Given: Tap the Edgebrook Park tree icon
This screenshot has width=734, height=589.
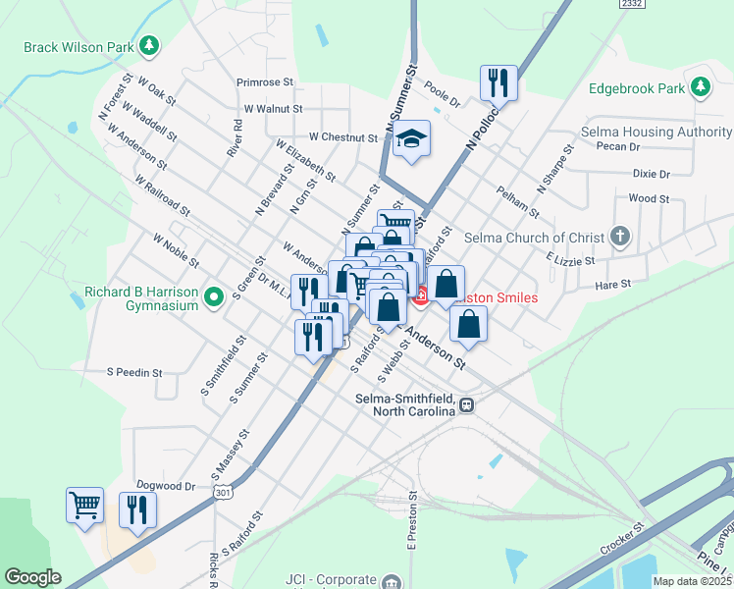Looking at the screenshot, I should coord(701,87).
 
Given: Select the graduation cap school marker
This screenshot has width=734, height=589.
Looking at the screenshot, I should coord(412,138).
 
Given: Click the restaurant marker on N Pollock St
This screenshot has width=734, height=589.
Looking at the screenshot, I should coord(498,83).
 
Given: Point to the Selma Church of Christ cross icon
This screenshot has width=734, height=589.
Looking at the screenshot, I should coord(619,237).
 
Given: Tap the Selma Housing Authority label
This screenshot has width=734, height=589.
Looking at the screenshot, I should coord(656,132).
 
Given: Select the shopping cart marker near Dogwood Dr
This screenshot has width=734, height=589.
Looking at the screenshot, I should coord(85,506).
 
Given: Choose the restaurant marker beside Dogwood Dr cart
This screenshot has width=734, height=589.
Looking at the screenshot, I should coord(137,509).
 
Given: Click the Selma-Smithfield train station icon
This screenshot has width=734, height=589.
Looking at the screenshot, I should coord(468,403).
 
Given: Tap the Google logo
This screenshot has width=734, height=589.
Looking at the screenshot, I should coord(32,577).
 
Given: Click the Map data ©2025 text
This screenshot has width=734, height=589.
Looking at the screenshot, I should coord(693,581).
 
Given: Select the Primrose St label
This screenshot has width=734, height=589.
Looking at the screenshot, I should coord(264,83).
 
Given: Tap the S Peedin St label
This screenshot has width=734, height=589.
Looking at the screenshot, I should coord(134,373).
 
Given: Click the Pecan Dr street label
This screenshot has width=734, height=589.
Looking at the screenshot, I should coord(617,146).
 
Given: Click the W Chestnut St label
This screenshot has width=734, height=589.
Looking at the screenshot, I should coord(343,138).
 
